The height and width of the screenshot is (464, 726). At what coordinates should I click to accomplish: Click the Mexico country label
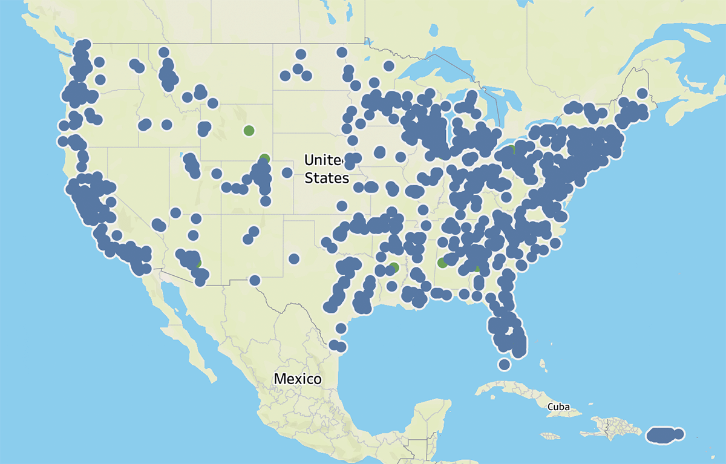click(x=297, y=379)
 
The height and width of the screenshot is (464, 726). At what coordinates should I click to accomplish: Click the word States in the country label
click(x=327, y=178)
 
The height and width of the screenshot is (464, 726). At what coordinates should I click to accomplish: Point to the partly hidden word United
click(x=322, y=160)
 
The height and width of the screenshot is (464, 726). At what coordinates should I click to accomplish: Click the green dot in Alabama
click(x=443, y=262)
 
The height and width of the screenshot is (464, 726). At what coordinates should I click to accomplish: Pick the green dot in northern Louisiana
click(x=394, y=267)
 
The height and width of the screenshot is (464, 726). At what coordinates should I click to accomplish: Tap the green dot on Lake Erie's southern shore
click(x=511, y=149)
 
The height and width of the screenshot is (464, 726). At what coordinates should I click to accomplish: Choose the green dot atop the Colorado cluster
click(x=264, y=159)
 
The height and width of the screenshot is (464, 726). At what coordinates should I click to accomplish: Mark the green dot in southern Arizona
click(x=197, y=264)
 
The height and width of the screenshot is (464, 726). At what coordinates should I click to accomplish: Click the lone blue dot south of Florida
click(x=504, y=364)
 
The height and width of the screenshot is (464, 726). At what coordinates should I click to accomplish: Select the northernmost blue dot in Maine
click(x=642, y=93)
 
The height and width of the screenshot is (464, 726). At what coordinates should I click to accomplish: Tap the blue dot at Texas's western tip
click(x=255, y=280)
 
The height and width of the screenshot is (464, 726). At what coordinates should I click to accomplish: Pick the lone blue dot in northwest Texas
click(x=294, y=259)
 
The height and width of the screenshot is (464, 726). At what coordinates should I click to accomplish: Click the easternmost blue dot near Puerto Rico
click(x=679, y=434)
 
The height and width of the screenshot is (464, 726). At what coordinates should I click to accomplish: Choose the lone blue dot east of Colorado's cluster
click(x=287, y=173)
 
